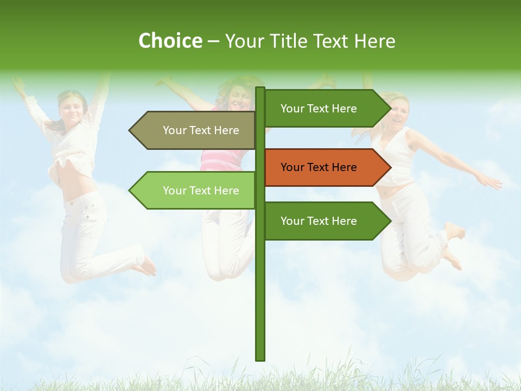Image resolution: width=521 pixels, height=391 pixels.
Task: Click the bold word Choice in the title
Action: (x=170, y=41)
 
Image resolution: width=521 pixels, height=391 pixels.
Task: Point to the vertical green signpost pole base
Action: (x=260, y=353)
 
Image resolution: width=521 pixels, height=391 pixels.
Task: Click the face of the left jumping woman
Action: (x=72, y=109)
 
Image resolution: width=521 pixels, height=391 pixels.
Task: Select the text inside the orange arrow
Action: (x=319, y=167)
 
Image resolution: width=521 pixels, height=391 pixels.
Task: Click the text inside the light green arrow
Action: (x=201, y=191)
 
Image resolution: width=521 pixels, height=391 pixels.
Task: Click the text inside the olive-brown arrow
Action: (x=201, y=130)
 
